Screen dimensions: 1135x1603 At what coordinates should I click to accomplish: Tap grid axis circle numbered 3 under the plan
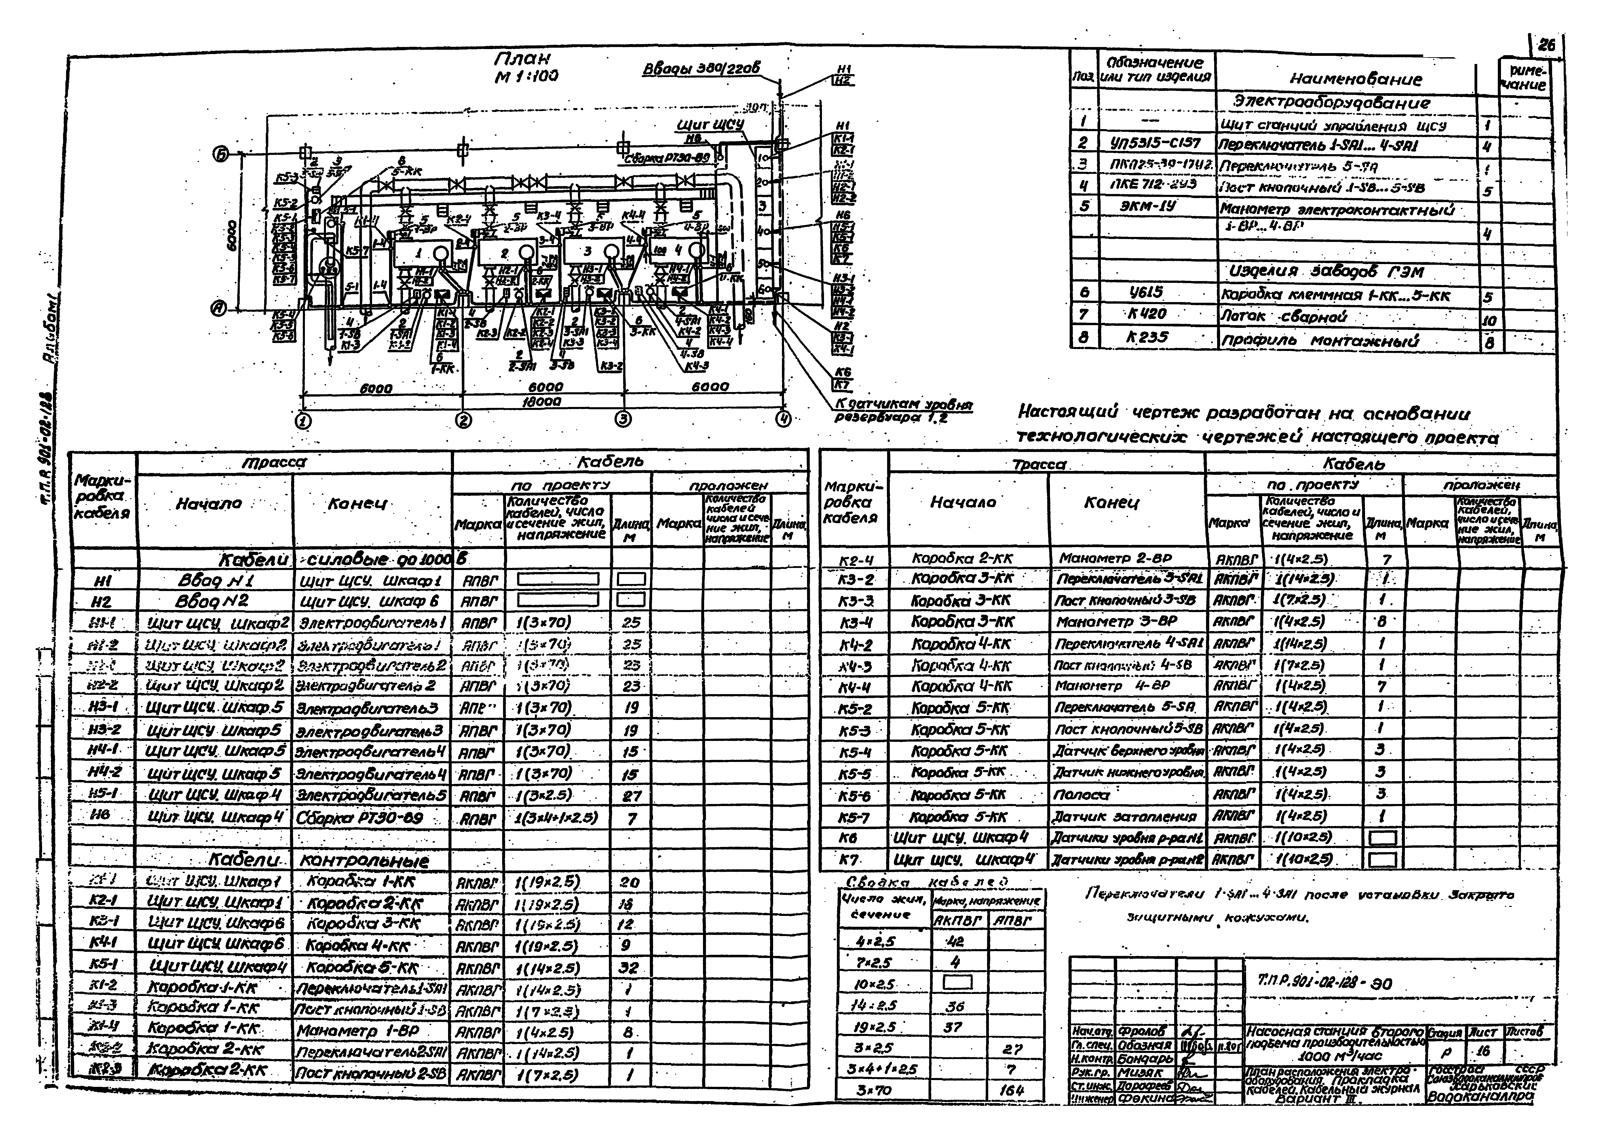623,419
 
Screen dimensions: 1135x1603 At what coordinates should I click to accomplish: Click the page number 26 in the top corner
1546,45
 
